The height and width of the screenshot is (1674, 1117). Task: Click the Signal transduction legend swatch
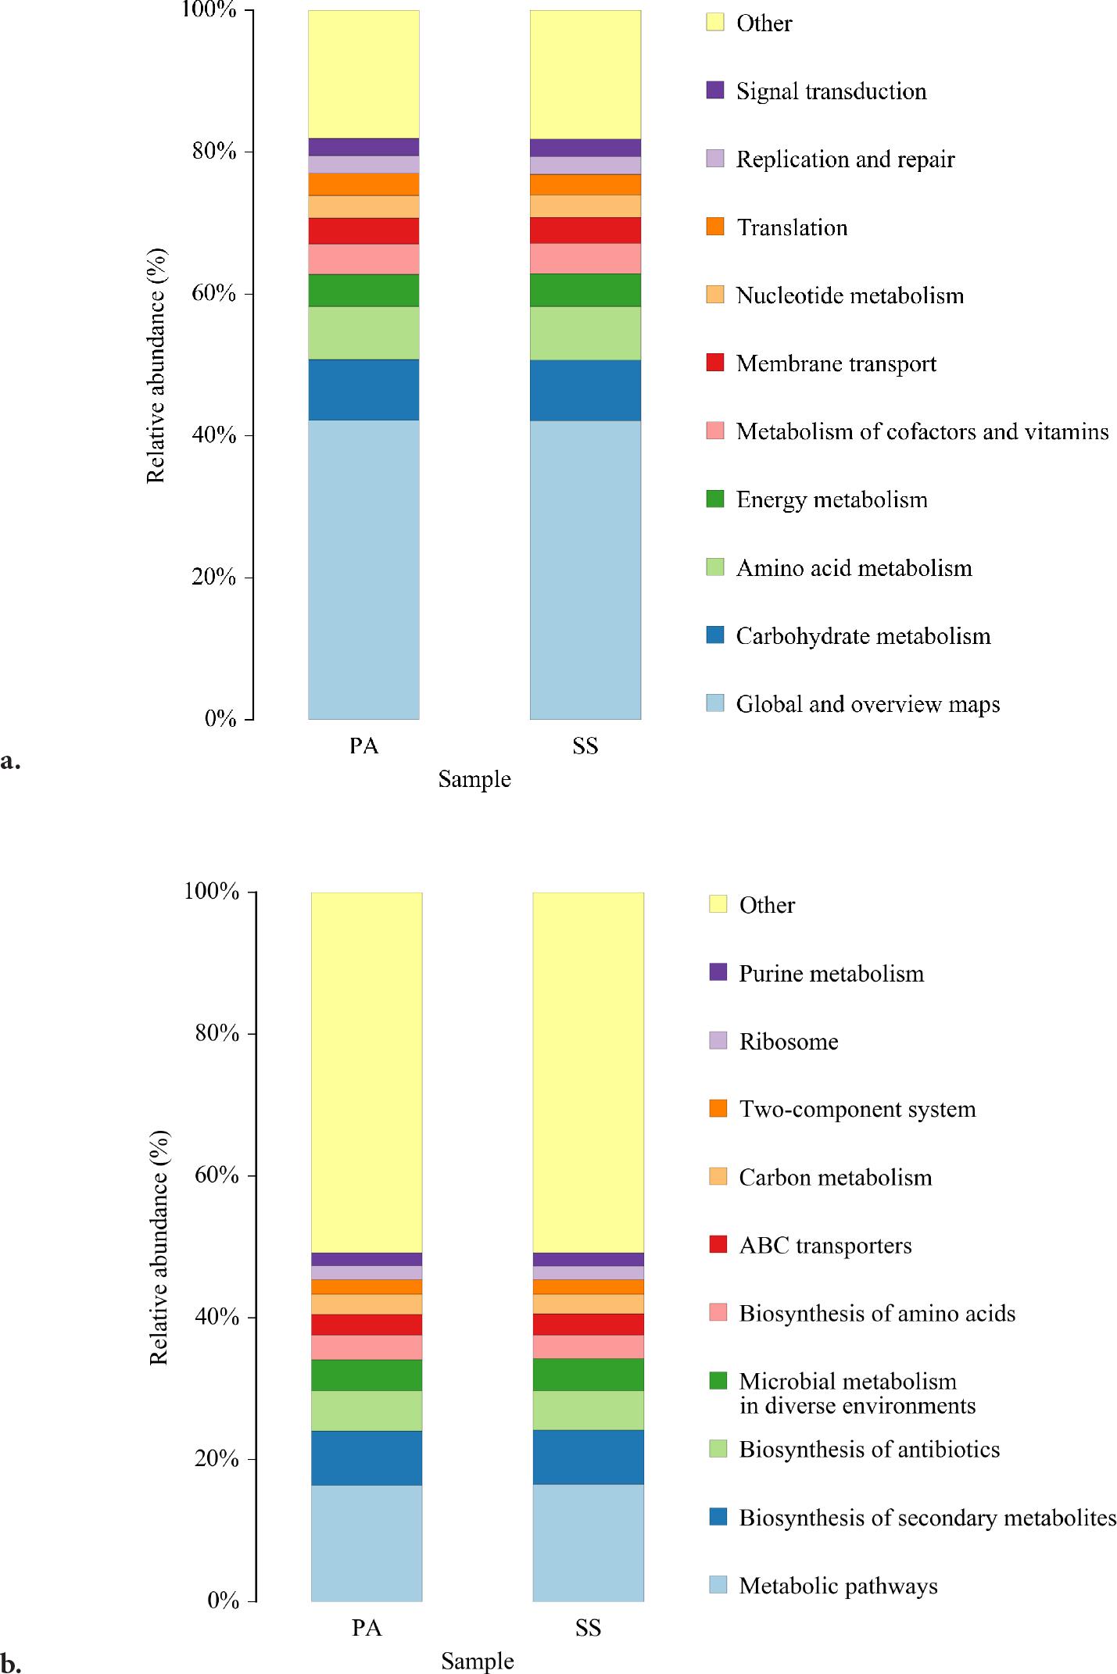[x=715, y=91]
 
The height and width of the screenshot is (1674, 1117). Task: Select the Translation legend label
[x=792, y=227]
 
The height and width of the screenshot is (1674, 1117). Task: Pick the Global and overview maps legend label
[x=868, y=704]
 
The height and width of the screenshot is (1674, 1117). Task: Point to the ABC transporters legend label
[x=825, y=1246]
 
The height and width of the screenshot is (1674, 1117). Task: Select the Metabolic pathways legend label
[x=838, y=1586]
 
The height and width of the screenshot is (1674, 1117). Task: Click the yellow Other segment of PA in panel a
[x=363, y=74]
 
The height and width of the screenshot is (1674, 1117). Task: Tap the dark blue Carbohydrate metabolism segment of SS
[x=585, y=390]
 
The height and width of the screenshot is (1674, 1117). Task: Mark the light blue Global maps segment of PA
[x=363, y=570]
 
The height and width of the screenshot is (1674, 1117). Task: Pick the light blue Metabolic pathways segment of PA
[x=366, y=1543]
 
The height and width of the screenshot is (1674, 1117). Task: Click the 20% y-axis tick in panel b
[x=215, y=1459]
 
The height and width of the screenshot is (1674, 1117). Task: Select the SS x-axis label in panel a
[x=585, y=746]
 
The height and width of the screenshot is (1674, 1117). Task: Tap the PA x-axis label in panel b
[x=366, y=1629]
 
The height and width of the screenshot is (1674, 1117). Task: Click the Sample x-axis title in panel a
[x=474, y=779]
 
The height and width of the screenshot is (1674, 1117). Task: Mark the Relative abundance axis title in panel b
[x=159, y=1247]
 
